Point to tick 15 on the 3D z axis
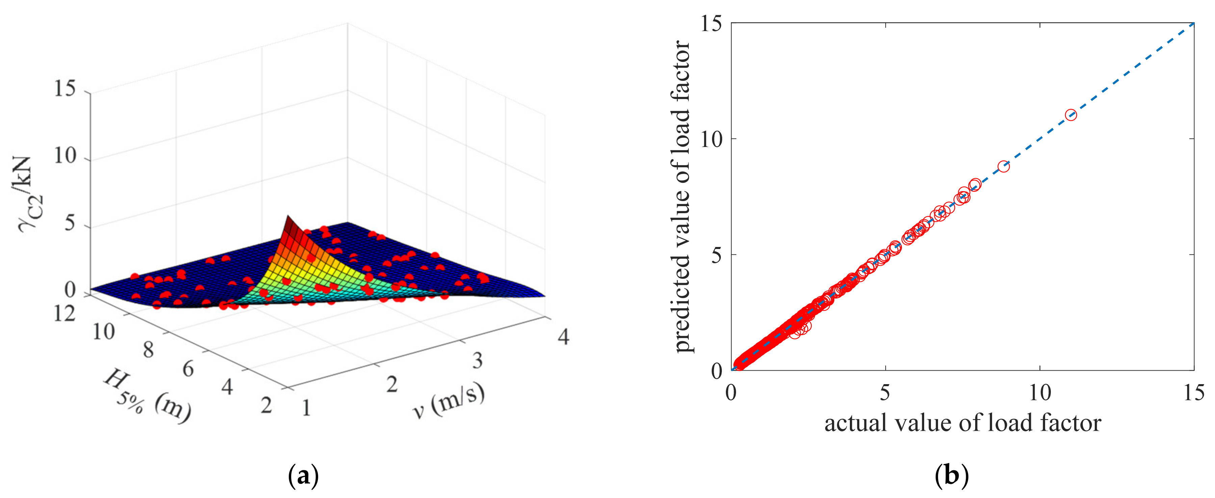tap(65, 89)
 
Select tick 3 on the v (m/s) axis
tap(477, 361)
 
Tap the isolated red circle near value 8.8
tap(1003, 166)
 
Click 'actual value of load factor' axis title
tap(962, 423)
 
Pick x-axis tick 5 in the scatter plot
tap(885, 392)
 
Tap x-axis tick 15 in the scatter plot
tap(1194, 392)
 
